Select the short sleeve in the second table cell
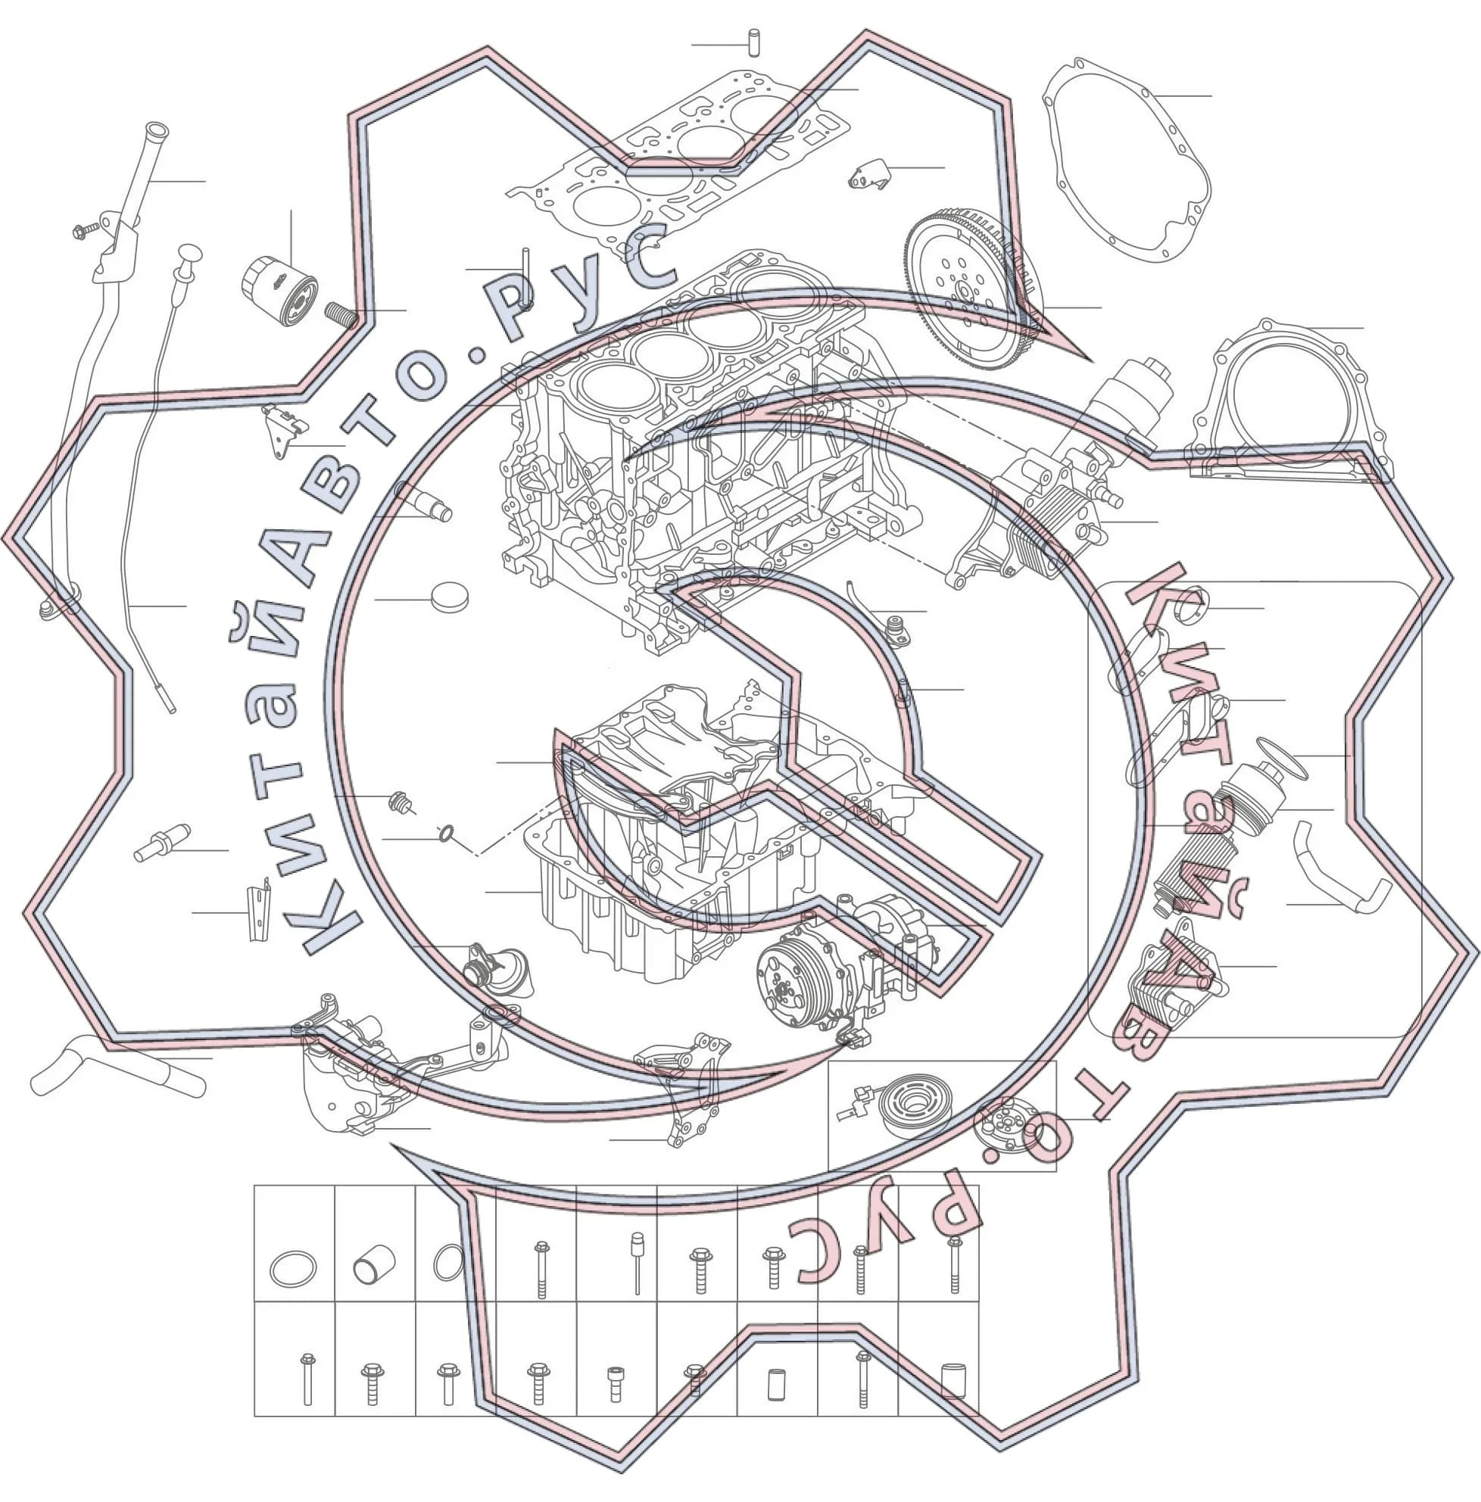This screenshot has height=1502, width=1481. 375,1265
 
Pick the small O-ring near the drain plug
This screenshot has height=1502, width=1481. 446,834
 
